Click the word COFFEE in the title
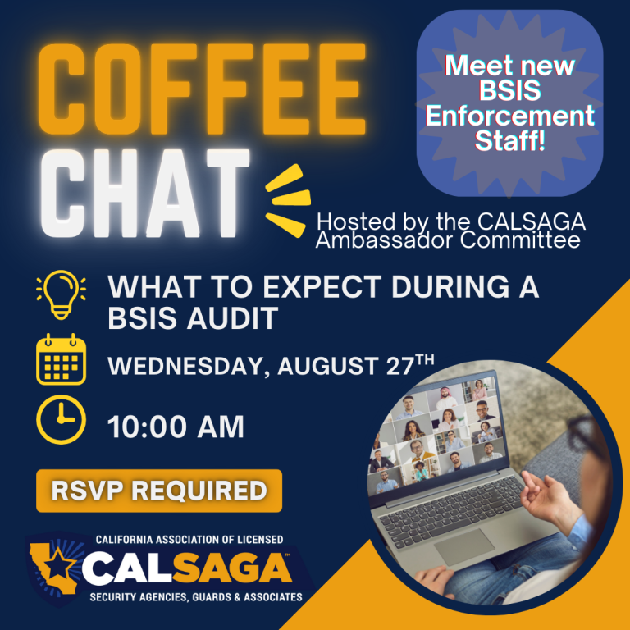click(201, 89)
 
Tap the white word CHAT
click(144, 193)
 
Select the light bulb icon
click(61, 294)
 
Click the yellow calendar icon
click(61, 358)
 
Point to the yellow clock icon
click(61, 419)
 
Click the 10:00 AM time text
click(176, 427)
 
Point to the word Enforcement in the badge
click(510, 116)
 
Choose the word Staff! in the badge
click(510, 140)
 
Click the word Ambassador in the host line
click(385, 240)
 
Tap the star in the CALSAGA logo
click(60, 564)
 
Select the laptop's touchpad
click(465, 547)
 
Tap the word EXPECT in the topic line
click(322, 286)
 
